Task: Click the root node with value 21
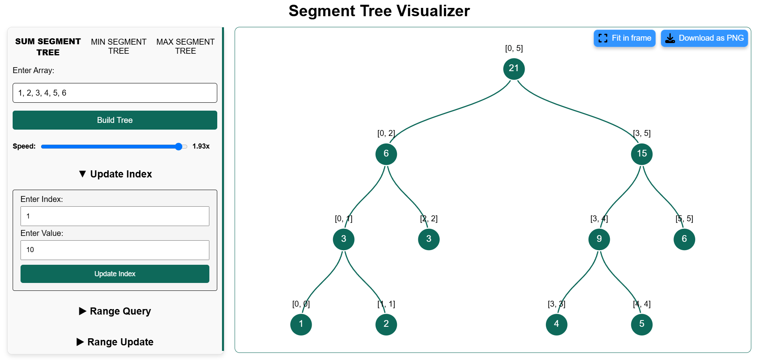coord(513,69)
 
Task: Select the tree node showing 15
coord(641,154)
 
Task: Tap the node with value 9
coord(599,239)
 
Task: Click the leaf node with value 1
coord(301,324)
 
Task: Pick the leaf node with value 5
coord(641,324)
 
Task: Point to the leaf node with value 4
coord(556,324)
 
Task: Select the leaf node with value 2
coord(386,324)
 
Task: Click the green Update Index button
coord(115,274)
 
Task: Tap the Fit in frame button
coord(624,38)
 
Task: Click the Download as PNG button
coord(704,38)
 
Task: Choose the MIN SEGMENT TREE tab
coord(118,46)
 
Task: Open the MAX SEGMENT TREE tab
coord(185,46)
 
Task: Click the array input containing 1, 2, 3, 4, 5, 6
coord(115,93)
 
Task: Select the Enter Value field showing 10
coord(115,250)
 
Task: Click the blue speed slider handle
coord(179,147)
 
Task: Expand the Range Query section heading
coord(115,311)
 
